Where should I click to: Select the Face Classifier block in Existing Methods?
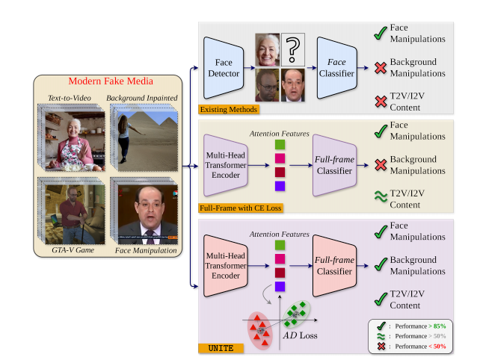[x=336, y=69]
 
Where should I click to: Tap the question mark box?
[x=294, y=50]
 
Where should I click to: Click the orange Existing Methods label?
[x=228, y=109]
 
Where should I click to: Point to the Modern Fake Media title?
[x=110, y=81]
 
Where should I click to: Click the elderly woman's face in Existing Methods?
[x=267, y=49]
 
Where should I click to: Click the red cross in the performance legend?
[x=379, y=347]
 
